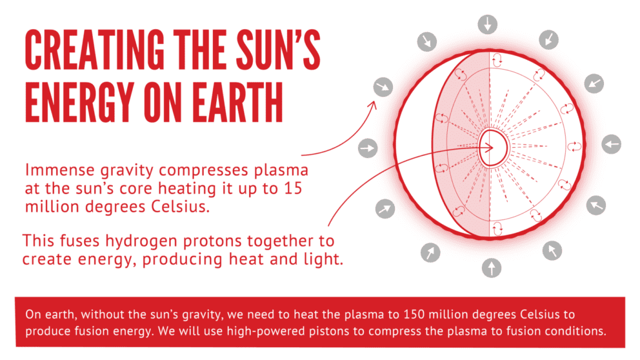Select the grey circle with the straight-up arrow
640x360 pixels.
(491, 266)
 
